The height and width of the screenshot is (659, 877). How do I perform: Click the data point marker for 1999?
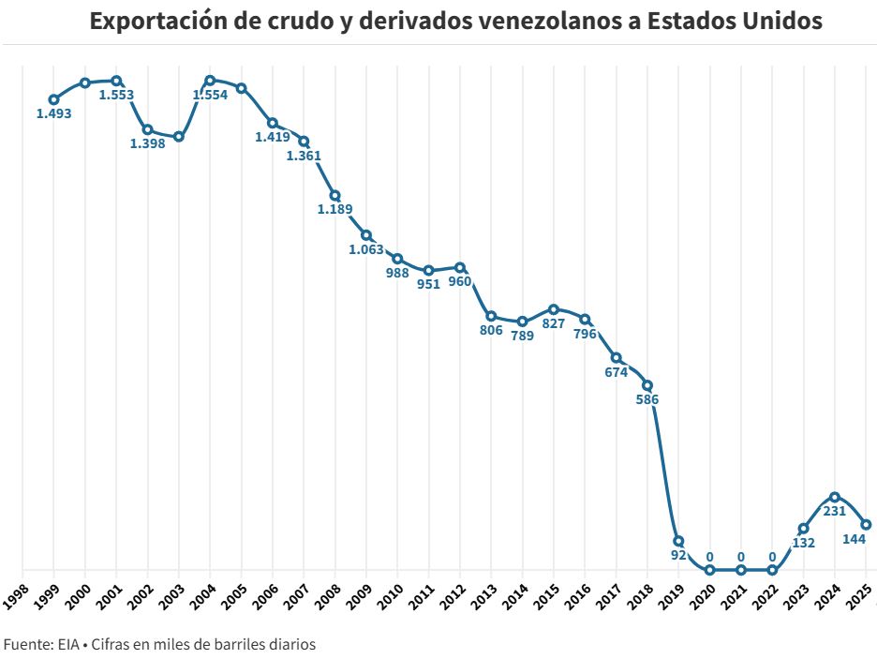pos(54,99)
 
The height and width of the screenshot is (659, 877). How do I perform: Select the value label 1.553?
pos(116,95)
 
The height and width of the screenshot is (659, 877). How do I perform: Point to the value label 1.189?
pos(334,209)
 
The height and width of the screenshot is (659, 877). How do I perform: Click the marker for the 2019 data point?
pos(678,541)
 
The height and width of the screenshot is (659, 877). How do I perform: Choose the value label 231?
pos(834,511)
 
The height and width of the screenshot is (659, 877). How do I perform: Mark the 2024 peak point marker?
pos(834,497)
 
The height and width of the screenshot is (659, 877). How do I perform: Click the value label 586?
pos(647,399)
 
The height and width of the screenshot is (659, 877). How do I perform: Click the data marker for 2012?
pos(460,267)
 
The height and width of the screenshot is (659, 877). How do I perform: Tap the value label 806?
pos(491,330)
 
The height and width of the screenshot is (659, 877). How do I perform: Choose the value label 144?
pos(854,538)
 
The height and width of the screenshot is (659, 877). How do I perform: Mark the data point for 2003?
pos(179,137)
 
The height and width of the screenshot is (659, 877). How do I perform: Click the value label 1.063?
pos(366,249)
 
